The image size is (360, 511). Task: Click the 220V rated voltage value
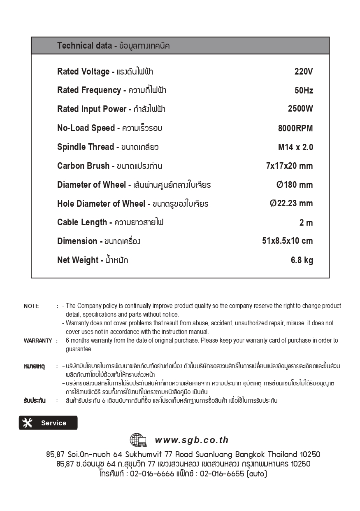(x=304, y=72)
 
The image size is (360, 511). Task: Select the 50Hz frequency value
(x=304, y=91)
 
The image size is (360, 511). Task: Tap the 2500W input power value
(x=300, y=109)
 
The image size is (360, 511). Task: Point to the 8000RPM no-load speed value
(x=295, y=128)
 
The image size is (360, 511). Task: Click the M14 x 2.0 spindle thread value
(x=295, y=147)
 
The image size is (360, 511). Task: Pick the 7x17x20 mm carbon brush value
(x=289, y=166)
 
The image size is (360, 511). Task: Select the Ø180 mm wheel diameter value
(x=295, y=185)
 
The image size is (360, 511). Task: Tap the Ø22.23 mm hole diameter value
(x=291, y=203)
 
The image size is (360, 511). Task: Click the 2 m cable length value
(x=306, y=223)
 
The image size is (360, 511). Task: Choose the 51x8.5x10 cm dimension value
(x=287, y=241)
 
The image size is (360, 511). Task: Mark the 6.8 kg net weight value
(x=302, y=260)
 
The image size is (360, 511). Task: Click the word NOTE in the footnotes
(x=31, y=306)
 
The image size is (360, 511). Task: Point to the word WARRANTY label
(x=38, y=341)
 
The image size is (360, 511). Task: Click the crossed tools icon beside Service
(x=28, y=423)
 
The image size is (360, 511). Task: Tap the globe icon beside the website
(x=138, y=440)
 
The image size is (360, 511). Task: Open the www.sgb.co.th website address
(x=191, y=440)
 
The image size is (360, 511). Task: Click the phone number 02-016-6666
(x=152, y=474)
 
